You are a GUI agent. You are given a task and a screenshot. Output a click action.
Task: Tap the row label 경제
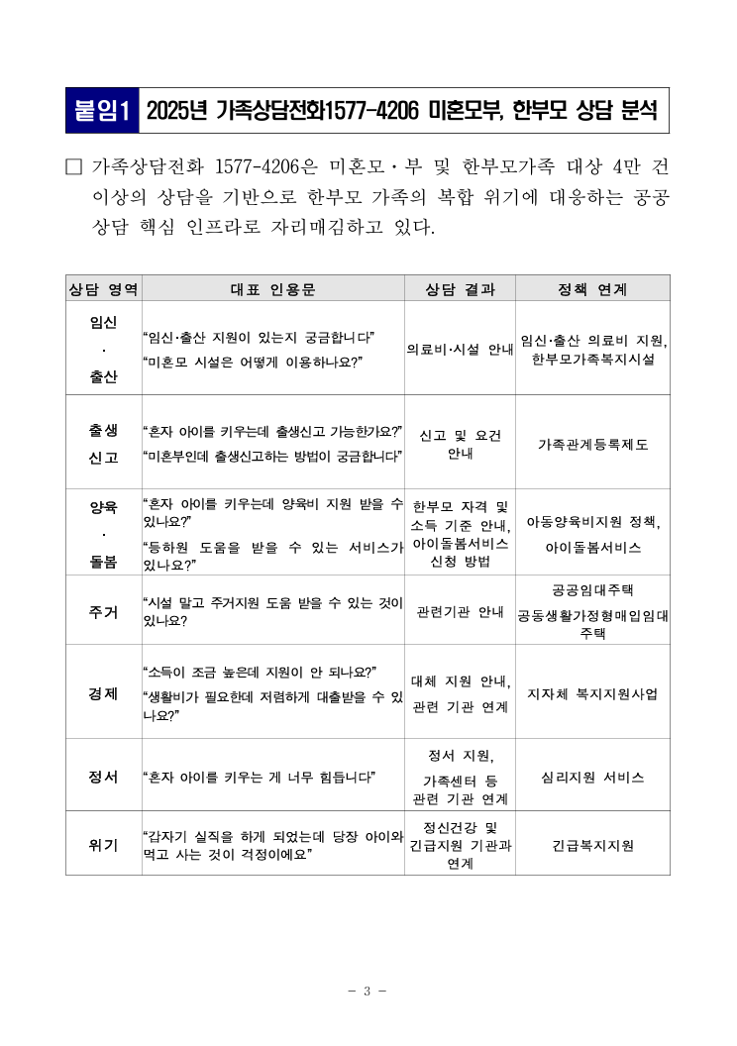(x=103, y=692)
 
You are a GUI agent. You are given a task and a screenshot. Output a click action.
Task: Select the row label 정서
(x=103, y=777)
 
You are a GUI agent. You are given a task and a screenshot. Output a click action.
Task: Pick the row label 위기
(x=103, y=844)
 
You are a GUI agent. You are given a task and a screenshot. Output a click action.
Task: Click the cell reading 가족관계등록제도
(x=592, y=444)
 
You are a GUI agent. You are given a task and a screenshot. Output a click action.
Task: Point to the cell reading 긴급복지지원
(x=592, y=845)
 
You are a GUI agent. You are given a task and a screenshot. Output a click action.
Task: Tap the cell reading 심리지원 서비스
(x=592, y=777)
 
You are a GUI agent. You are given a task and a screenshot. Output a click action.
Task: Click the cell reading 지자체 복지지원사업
(x=592, y=692)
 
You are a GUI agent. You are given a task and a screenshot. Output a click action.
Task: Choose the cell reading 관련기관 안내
(x=460, y=611)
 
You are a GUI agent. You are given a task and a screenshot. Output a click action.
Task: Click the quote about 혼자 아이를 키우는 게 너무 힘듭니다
(x=265, y=777)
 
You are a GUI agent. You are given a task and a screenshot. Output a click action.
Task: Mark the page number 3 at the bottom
(x=367, y=991)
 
